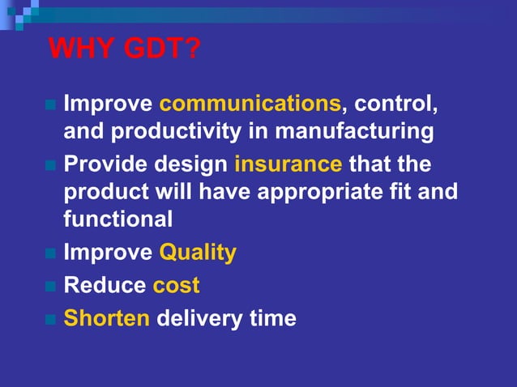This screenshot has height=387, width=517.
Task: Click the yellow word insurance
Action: point(288,165)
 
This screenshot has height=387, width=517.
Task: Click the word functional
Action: point(117,219)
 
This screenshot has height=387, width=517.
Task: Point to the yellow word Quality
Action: point(198,253)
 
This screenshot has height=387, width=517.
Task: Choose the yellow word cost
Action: point(176,285)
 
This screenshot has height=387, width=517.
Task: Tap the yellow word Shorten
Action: point(107,317)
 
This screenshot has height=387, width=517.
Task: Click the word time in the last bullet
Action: point(271,317)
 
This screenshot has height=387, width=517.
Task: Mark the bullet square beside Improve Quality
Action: point(50,254)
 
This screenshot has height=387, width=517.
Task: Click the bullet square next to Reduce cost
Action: point(50,287)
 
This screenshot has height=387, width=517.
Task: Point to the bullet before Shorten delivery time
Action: point(50,319)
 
